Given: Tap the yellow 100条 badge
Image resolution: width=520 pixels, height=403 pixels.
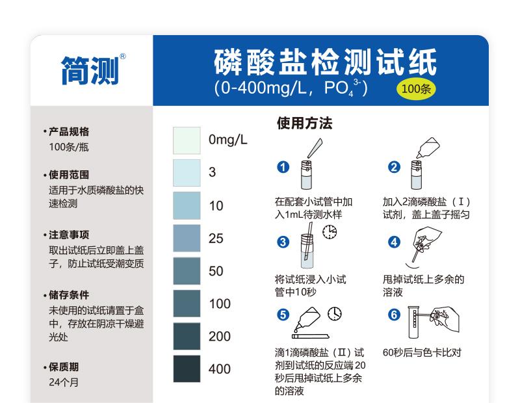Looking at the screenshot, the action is coord(416,89).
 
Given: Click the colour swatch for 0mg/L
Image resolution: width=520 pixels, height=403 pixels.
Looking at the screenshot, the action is coord(187,140).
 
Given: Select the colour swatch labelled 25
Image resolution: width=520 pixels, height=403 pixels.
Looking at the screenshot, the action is coord(187,238).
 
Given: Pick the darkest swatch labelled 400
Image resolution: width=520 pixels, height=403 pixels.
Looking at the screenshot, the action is coord(187,369).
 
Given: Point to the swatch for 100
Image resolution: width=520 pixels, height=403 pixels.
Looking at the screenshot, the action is coord(187,304).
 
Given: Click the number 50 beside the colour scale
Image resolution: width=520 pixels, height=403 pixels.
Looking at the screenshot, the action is coord(216,271).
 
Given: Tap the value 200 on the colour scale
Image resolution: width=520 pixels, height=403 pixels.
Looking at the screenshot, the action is coord(220,336).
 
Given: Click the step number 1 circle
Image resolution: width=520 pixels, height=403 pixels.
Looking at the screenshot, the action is coord(283,167).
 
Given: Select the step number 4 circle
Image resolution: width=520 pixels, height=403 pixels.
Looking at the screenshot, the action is coord(394,242).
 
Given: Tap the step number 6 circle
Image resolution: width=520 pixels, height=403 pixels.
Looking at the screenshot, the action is coord(394,315).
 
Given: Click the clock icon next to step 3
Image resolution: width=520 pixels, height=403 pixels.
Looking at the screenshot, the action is coord(330,232).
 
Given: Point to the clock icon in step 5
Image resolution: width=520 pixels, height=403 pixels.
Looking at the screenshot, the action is coord(335,314).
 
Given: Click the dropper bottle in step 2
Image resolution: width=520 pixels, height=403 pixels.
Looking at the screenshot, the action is coord(428,148).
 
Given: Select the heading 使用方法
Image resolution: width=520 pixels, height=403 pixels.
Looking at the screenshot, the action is coord(304,123).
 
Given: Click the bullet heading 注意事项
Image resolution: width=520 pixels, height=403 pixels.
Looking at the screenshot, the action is coord(69,235).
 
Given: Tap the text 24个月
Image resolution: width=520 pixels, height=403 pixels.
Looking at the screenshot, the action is coord(64,382).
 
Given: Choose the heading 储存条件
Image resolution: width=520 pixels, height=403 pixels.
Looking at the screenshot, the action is coord(69,295).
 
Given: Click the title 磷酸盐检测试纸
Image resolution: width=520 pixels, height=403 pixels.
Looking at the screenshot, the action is coord(326,62).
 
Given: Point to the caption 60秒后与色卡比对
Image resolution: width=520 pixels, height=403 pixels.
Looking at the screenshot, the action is coord(422,352).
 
